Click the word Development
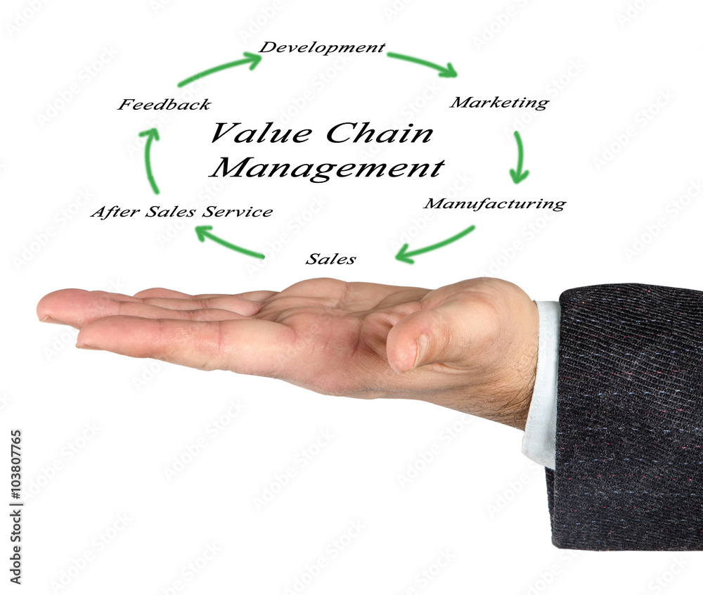click(322, 48)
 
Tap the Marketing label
click(499, 103)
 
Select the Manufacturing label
click(494, 204)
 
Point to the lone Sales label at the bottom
click(331, 259)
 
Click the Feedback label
click(164, 105)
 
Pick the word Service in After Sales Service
click(237, 211)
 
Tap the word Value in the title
click(262, 133)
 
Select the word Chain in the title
click(380, 133)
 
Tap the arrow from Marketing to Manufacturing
click(520, 157)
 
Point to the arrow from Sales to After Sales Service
click(228, 243)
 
